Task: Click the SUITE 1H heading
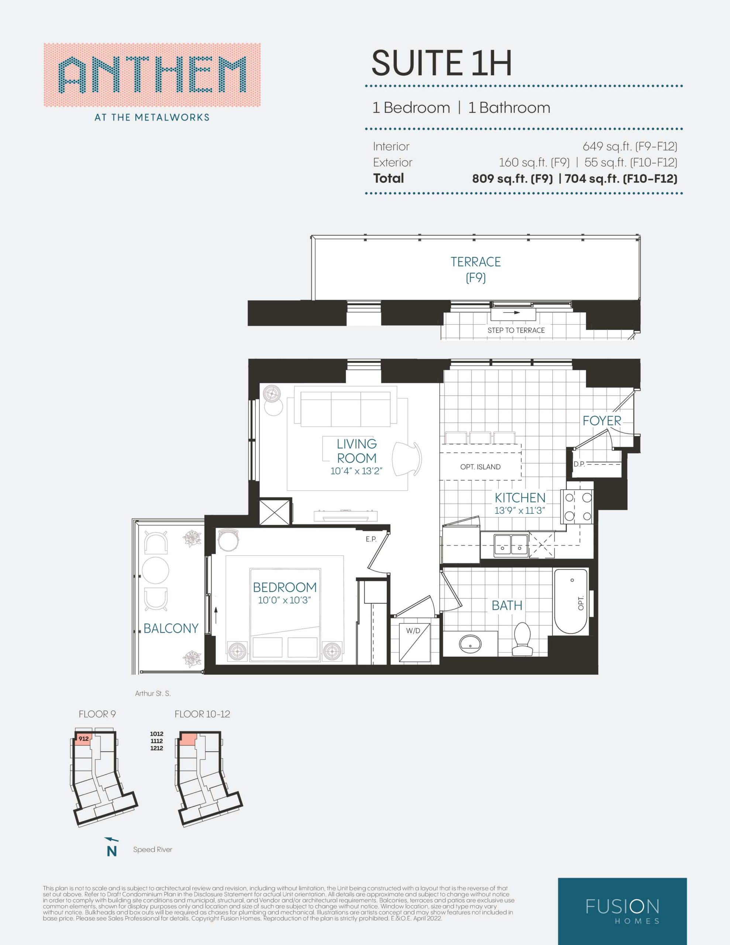click(441, 63)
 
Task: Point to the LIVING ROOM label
click(357, 451)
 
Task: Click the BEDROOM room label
click(285, 587)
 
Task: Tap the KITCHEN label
click(520, 498)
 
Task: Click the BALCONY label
click(171, 628)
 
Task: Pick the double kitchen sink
click(511, 545)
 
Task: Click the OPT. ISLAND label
click(480, 467)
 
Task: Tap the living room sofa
click(346, 409)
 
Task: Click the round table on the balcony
click(155, 570)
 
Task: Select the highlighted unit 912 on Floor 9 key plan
click(82, 739)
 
